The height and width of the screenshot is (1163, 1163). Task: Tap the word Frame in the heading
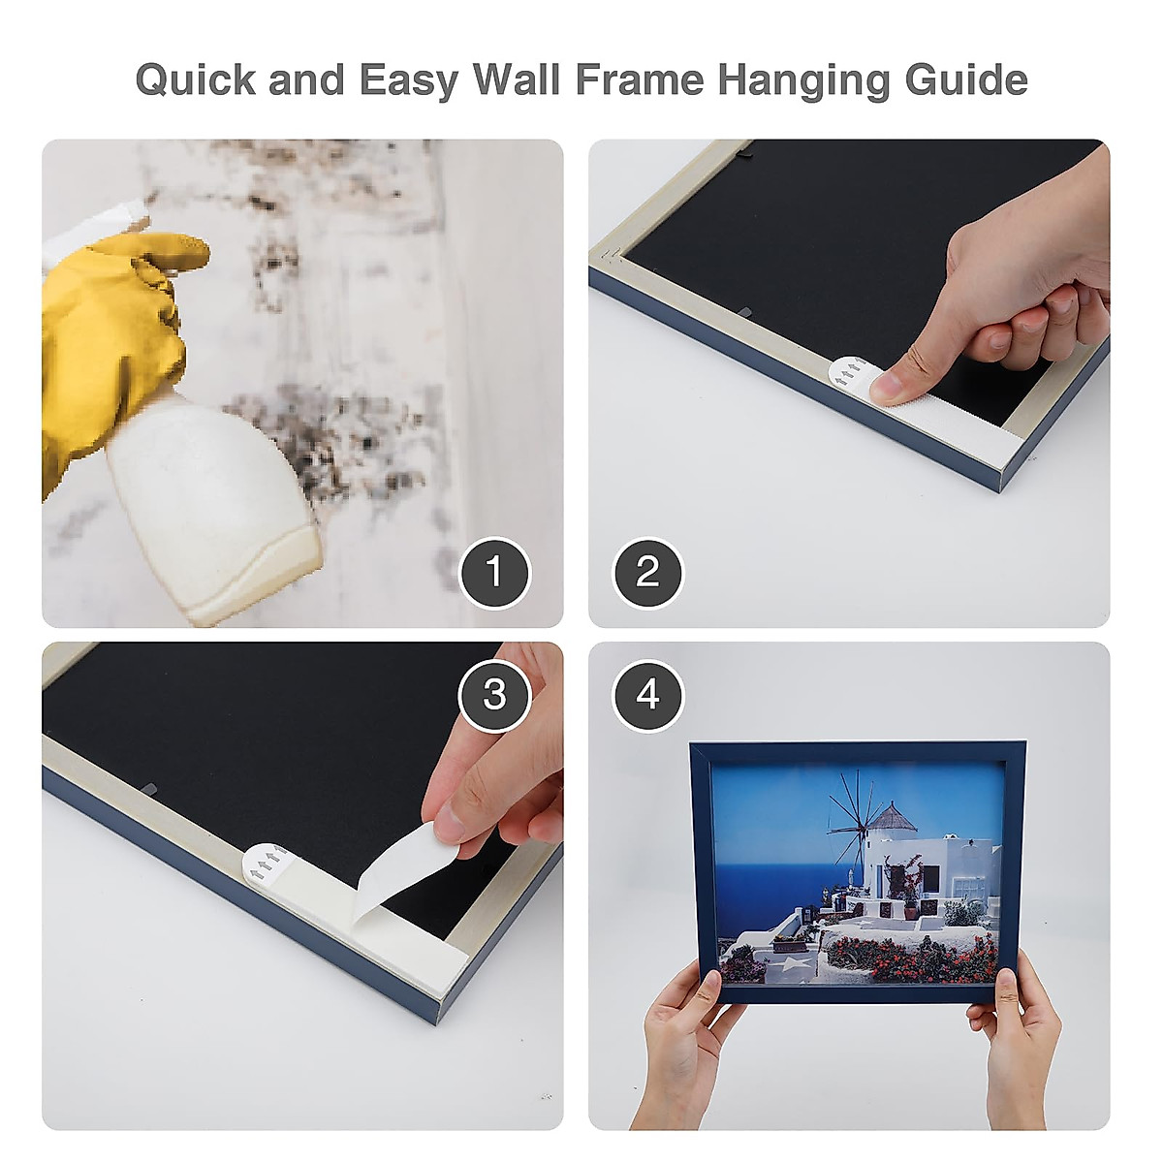tap(639, 79)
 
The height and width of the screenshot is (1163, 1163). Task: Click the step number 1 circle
tap(494, 573)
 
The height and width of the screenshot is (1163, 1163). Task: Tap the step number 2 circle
tap(647, 573)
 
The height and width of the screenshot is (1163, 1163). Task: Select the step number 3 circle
tap(494, 695)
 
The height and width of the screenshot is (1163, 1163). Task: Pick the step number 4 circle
tap(647, 695)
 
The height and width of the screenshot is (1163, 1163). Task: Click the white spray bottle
tap(213, 504)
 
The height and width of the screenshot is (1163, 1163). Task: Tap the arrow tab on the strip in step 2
tap(850, 373)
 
